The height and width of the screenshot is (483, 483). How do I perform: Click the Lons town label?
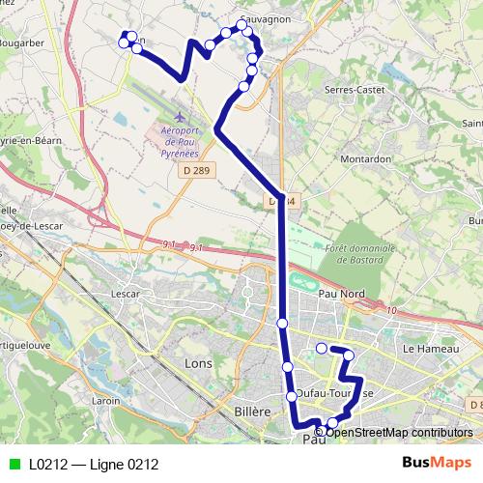coord(199,363)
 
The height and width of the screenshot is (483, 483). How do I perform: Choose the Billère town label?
coord(252,412)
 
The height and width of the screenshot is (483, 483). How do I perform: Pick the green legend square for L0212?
coord(14,464)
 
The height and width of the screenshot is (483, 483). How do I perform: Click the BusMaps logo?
coord(437,464)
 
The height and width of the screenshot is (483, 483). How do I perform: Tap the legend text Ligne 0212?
coord(123,464)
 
